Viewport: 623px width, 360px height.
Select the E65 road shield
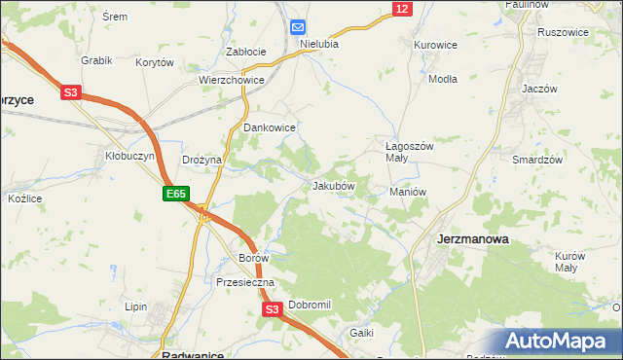click(x=175, y=195)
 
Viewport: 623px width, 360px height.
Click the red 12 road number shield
click(x=402, y=9)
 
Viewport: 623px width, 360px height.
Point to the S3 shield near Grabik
click(x=70, y=93)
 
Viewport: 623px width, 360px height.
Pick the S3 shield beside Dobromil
click(x=273, y=309)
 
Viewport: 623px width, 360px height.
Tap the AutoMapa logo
click(x=560, y=341)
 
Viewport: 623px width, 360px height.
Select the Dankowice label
click(x=269, y=127)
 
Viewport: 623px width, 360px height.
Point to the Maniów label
click(x=408, y=192)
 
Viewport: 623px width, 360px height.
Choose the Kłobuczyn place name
click(x=124, y=155)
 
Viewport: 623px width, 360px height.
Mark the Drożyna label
click(x=202, y=160)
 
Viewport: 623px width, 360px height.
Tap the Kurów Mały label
click(x=570, y=262)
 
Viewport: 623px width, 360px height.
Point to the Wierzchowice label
click(x=232, y=81)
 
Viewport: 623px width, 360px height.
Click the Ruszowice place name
click(x=564, y=32)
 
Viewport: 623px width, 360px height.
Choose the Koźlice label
click(x=24, y=198)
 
